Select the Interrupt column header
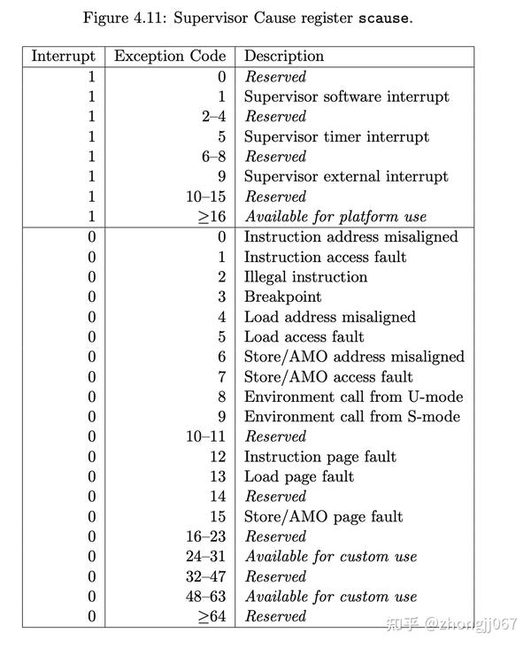pos(63,56)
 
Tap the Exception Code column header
pos(170,56)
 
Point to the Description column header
pos(284,56)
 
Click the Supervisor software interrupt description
pos(346,96)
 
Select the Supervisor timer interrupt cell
pos(336,136)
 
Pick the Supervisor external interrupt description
pos(346,176)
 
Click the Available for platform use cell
pos(335,216)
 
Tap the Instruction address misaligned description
pos(351,236)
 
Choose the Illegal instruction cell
pos(305,276)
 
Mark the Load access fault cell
pos(304,336)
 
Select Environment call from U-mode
pos(353,397)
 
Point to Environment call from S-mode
pos(352,416)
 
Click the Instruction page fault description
pos(319,457)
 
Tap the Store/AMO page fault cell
pos(323,516)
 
